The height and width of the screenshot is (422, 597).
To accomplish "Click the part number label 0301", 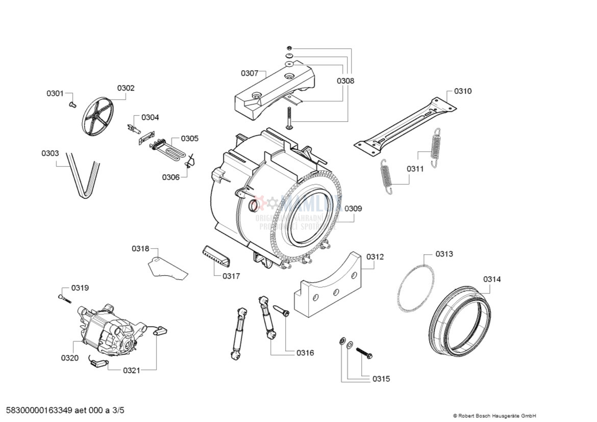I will tap(55, 93).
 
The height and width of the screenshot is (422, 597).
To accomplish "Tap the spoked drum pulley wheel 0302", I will tap(97, 115).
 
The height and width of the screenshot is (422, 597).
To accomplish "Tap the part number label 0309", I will tap(353, 208).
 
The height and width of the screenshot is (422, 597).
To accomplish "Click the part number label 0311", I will tap(415, 169).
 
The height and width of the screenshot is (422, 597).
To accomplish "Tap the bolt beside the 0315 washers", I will tap(365, 352).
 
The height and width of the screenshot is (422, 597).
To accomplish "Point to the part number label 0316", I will tap(305, 353).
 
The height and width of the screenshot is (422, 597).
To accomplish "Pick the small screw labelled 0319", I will tap(64, 298).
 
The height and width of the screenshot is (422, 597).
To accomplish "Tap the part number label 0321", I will tap(131, 371).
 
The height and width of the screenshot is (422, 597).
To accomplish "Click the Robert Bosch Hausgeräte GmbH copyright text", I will tap(494, 415).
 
